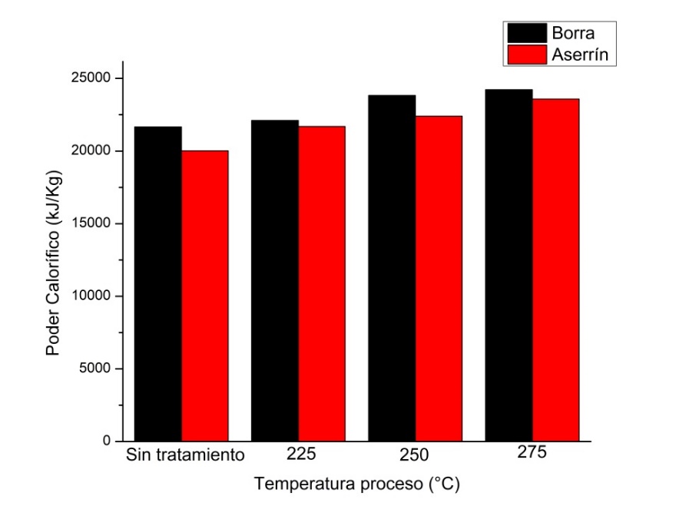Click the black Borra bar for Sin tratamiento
(x=158, y=284)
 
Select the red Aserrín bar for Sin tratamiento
(x=205, y=296)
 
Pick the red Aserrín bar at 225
(x=322, y=283)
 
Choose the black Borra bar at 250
(x=393, y=268)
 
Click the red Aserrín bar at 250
(x=439, y=278)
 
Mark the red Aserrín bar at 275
(x=556, y=269)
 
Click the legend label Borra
(x=573, y=33)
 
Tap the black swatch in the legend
(x=526, y=33)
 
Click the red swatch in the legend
(x=526, y=55)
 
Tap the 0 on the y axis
(x=108, y=441)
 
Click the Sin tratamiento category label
(x=185, y=455)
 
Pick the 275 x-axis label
(x=532, y=452)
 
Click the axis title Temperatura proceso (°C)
(x=357, y=484)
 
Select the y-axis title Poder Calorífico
(x=54, y=261)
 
